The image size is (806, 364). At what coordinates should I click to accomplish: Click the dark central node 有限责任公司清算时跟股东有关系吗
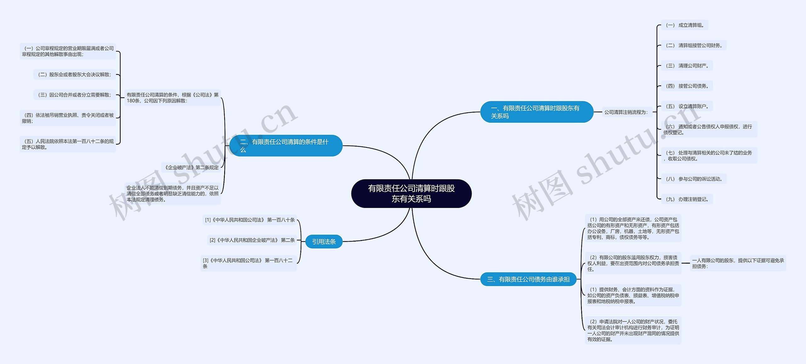(411, 193)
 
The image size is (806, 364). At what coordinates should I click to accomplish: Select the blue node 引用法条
(324, 242)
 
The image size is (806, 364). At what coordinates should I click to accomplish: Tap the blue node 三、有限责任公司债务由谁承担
(528, 279)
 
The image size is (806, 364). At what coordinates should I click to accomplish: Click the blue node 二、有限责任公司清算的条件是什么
(286, 146)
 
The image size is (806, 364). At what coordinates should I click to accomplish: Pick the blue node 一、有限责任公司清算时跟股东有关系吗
(536, 112)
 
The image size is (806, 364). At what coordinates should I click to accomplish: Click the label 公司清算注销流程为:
(626, 112)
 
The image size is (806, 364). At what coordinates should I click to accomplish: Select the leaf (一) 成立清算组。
(684, 25)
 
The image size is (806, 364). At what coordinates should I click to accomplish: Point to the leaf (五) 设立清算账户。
(687, 106)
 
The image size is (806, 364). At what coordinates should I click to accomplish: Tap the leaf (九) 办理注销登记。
(687, 199)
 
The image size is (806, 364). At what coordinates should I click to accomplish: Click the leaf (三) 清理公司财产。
(687, 66)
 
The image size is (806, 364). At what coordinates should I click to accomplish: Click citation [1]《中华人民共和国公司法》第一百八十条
(250, 220)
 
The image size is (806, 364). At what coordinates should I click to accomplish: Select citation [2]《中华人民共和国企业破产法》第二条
(252, 240)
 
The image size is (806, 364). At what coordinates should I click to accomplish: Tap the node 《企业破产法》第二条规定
(191, 167)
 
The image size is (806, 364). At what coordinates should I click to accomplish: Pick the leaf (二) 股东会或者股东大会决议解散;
(75, 75)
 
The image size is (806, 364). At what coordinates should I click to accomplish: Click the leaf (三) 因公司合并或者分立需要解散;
(75, 95)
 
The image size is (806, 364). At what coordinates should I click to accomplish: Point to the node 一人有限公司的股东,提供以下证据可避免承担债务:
(738, 263)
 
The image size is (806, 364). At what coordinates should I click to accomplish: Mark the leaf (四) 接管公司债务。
(687, 86)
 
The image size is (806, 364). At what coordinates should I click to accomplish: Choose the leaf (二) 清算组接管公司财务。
(694, 45)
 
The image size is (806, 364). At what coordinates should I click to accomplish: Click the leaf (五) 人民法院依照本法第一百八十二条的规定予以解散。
(68, 144)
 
